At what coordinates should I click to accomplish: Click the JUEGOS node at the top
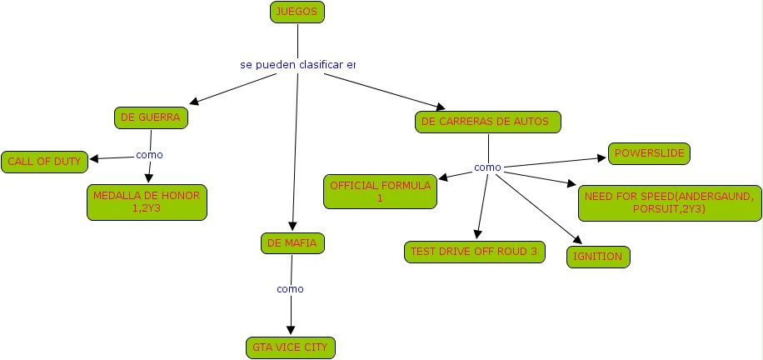[x=297, y=12]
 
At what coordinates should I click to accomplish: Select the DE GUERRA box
[x=151, y=118]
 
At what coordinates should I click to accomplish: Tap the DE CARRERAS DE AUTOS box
[x=487, y=122]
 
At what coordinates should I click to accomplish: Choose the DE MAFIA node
[x=291, y=243]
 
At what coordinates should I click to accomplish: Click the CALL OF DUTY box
[x=45, y=162]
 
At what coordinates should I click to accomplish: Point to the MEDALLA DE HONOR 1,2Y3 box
[x=147, y=202]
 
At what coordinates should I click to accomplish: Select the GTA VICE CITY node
[x=291, y=347]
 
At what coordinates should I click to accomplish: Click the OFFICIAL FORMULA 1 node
[x=381, y=192]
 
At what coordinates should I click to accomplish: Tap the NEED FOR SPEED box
[x=669, y=202]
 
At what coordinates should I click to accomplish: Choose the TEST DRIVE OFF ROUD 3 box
[x=474, y=252]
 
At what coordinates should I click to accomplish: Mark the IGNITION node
[x=598, y=257]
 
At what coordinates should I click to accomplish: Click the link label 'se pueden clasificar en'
[x=297, y=64]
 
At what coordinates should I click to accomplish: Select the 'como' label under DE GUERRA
[x=149, y=154]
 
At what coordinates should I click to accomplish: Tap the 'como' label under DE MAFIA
[x=290, y=289]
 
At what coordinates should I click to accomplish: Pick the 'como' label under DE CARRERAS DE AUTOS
[x=487, y=167]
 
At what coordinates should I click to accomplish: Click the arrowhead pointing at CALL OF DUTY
[x=94, y=158]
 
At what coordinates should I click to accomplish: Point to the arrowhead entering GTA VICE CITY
[x=291, y=331]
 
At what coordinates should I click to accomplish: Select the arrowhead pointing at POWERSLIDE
[x=601, y=157]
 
